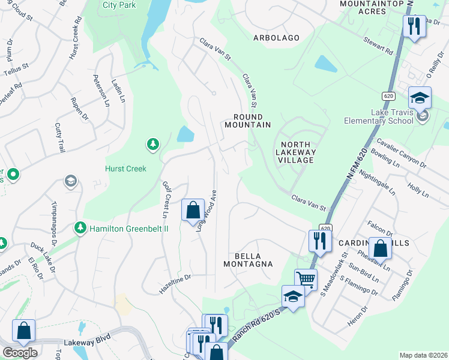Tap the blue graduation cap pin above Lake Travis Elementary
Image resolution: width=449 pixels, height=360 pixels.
point(420,98)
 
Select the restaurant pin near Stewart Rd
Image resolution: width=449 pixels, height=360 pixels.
point(414,27)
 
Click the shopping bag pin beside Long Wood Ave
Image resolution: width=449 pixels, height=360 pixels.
point(193,211)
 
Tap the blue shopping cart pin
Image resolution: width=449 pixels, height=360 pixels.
point(306,279)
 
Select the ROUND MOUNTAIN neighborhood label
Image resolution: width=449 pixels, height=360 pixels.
point(247,121)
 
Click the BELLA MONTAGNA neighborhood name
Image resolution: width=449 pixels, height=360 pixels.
point(248,259)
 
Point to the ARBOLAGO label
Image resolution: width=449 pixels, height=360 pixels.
point(276,38)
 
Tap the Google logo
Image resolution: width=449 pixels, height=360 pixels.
point(20,353)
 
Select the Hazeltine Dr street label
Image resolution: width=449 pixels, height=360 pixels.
point(175,278)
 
